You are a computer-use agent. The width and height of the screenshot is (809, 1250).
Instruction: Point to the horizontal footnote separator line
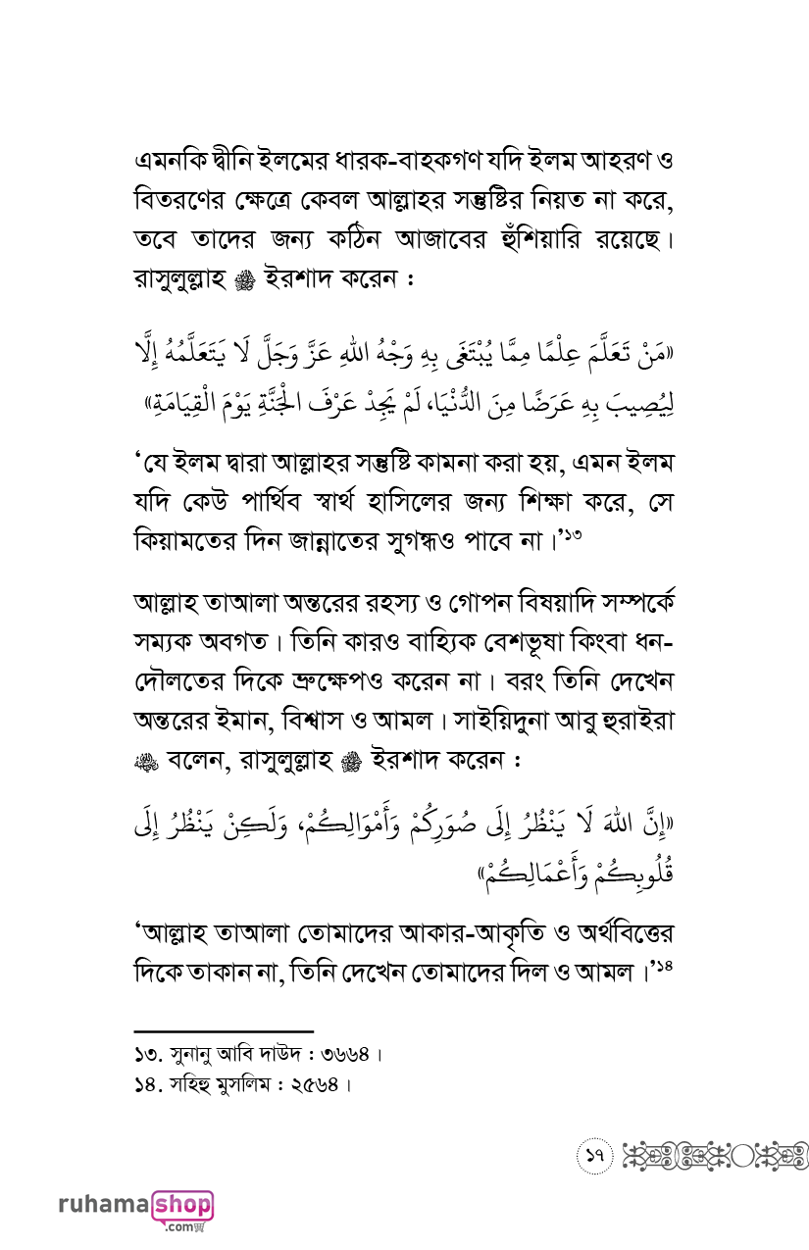click(x=223, y=1031)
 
